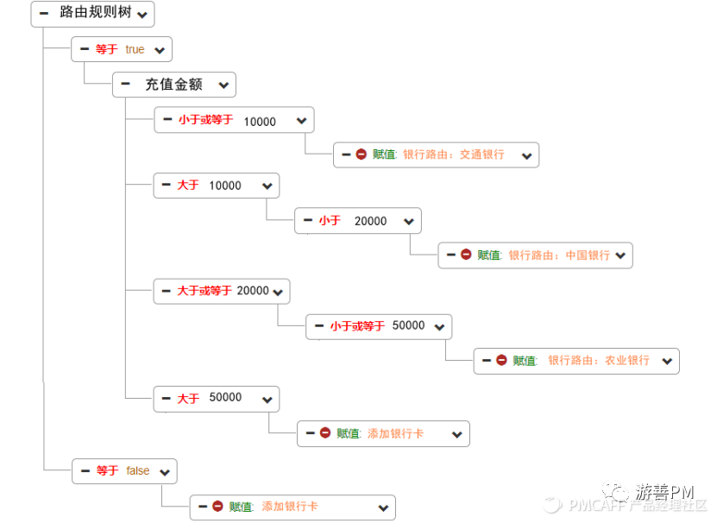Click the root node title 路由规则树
pos(91,13)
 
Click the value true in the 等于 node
pos(135,49)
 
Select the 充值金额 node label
pos(173,85)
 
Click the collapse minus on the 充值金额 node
pos(126,84)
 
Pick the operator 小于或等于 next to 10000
pos(205,120)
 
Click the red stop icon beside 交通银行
pos(361,154)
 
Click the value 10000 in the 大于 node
pos(225,186)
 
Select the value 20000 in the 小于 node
pos(370,221)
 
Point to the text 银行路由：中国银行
pos(559,255)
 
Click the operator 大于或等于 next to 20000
pos(204,291)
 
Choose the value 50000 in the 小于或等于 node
pos(408,325)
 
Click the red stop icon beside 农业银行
pos(501,361)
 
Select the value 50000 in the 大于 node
pos(225,397)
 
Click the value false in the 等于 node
pos(138,470)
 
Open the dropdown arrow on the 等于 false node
pos(165,472)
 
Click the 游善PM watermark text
pos(665,491)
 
